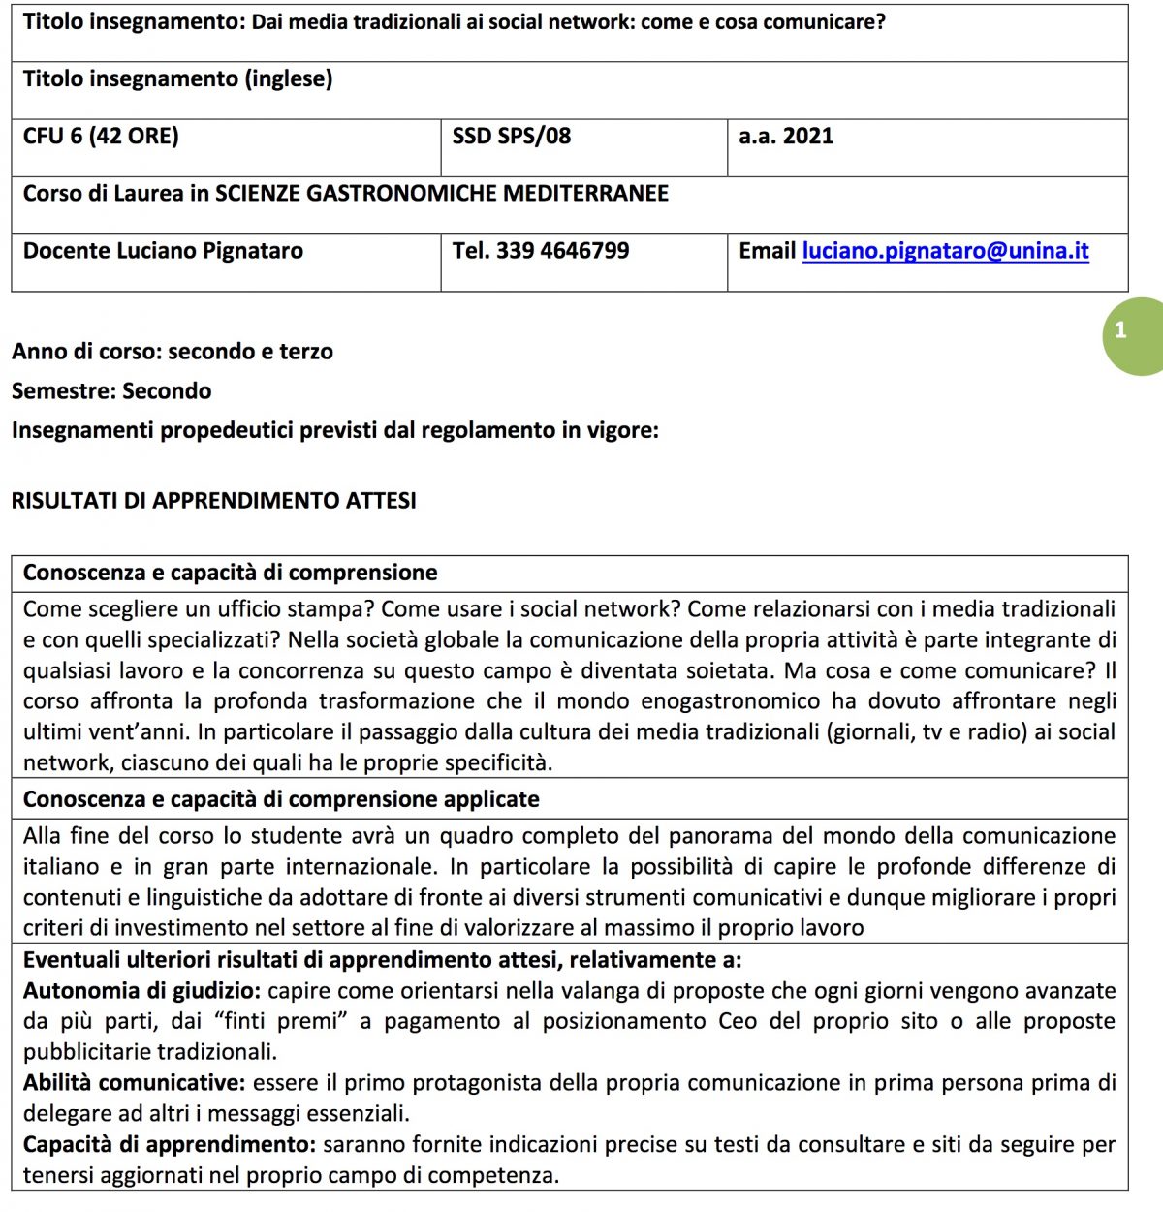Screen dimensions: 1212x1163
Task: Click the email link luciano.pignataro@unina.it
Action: (x=945, y=251)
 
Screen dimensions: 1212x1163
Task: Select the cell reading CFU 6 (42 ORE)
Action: (x=101, y=137)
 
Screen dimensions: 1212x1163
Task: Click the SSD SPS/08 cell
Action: (x=511, y=137)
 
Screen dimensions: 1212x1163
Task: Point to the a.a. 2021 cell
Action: (x=785, y=137)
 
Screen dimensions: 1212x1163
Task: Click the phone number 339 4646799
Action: (x=562, y=251)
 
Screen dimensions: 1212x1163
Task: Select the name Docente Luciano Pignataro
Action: (x=163, y=251)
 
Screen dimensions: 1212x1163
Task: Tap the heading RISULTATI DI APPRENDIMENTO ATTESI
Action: (x=213, y=501)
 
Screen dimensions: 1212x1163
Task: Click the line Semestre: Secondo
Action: (x=111, y=391)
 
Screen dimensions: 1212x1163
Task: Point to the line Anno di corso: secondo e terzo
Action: (x=173, y=352)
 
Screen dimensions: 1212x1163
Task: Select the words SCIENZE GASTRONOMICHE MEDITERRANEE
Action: (x=441, y=194)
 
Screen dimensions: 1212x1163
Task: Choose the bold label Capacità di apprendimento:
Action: (x=170, y=1145)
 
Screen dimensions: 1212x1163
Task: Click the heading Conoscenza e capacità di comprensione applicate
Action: (x=281, y=800)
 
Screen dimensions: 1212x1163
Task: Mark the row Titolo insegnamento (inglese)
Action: (x=177, y=79)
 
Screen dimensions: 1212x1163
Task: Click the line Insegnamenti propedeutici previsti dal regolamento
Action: (x=334, y=430)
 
